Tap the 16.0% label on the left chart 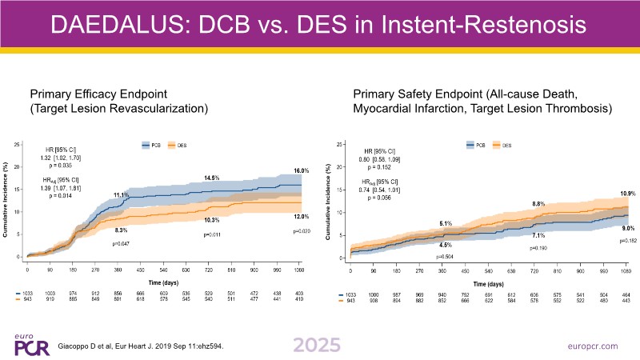pos(299,171)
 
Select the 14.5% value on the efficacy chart pos(212,178)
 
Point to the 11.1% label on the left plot pos(121,195)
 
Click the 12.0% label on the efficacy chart pos(299,218)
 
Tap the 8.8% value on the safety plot pos(539,205)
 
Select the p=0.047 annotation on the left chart pos(122,242)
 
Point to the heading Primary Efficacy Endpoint pos(97,93)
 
